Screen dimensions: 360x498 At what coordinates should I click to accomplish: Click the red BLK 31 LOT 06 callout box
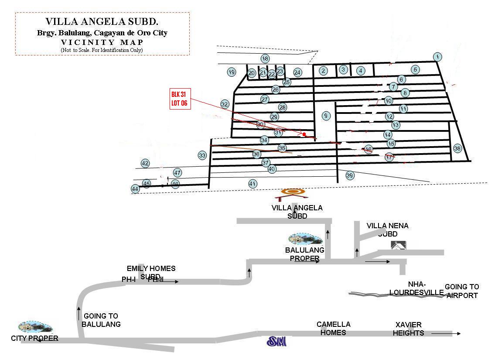pyautogui.click(x=180, y=99)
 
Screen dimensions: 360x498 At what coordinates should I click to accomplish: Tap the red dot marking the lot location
pyautogui.click(x=304, y=134)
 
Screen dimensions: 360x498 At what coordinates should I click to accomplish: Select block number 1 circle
pyautogui.click(x=437, y=57)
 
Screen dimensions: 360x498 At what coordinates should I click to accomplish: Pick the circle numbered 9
pyautogui.click(x=326, y=116)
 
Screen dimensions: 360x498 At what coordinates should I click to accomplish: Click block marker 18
pyautogui.click(x=265, y=58)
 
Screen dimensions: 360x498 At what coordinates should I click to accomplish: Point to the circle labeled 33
pyautogui.click(x=202, y=155)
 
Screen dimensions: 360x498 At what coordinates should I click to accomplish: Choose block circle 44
pyautogui.click(x=135, y=189)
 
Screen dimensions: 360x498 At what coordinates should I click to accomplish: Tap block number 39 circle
pyautogui.click(x=350, y=175)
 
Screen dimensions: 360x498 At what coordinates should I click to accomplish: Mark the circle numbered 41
pyautogui.click(x=252, y=184)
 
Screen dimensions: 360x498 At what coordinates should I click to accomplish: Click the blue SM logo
pyautogui.click(x=276, y=341)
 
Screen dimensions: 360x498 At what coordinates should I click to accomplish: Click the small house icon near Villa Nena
pyautogui.click(x=399, y=245)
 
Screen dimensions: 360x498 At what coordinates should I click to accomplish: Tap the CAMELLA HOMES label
pyautogui.click(x=334, y=328)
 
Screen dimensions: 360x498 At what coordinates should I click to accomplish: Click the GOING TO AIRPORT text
pyautogui.click(x=462, y=291)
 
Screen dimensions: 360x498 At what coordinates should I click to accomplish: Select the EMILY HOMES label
pyautogui.click(x=151, y=268)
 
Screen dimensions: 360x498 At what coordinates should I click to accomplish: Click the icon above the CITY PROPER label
pyautogui.click(x=35, y=327)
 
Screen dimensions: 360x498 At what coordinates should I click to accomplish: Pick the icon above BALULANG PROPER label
pyautogui.click(x=305, y=239)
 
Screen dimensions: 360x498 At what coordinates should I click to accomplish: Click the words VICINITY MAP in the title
pyautogui.click(x=102, y=42)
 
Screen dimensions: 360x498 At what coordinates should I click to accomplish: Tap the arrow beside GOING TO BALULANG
pyautogui.click(x=78, y=313)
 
